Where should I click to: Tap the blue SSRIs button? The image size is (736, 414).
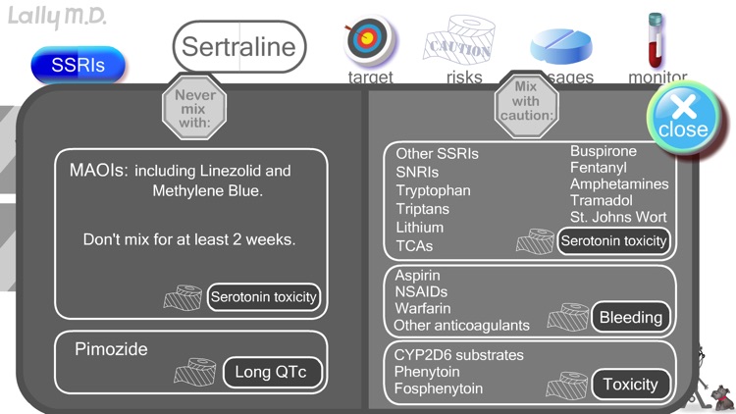(79, 66)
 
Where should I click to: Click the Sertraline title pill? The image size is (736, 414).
(239, 46)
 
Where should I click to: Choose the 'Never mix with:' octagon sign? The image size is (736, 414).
(194, 110)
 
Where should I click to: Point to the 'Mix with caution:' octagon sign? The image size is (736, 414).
(526, 101)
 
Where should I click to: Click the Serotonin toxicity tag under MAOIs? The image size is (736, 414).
(265, 296)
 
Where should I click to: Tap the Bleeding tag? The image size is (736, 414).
(631, 317)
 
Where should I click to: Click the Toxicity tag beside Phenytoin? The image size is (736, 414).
(631, 385)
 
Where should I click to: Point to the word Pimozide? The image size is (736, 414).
(111, 348)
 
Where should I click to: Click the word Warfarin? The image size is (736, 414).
(423, 308)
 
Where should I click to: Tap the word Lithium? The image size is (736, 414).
(420, 228)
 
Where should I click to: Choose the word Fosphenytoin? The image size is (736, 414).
(439, 388)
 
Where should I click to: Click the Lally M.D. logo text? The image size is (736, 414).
(58, 17)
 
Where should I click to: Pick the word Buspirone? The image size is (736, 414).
(604, 151)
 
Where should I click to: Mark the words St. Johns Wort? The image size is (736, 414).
(618, 217)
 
